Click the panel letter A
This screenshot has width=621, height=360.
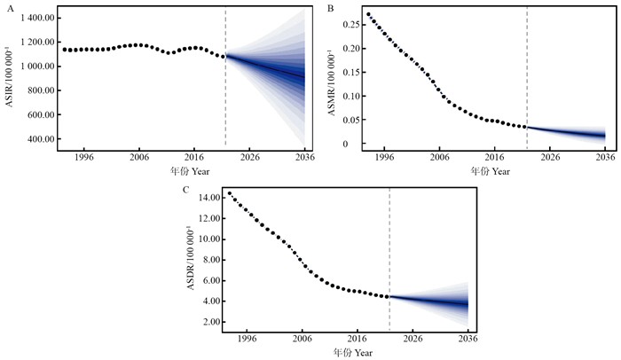pyautogui.click(x=7, y=8)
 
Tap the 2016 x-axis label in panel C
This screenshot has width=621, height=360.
pyautogui.click(x=356, y=339)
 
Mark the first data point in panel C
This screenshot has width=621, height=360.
pyautogui.click(x=229, y=193)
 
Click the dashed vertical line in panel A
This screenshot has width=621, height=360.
pyautogui.click(x=225, y=80)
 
